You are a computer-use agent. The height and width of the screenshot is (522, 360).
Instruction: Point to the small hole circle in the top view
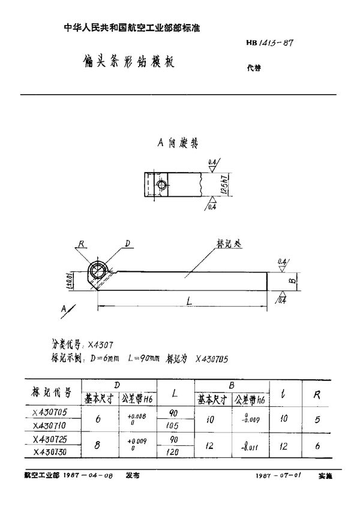(161, 185)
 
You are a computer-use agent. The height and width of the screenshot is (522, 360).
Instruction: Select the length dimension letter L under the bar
(188, 304)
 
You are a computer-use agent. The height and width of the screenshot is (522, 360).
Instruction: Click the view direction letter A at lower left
(64, 310)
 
